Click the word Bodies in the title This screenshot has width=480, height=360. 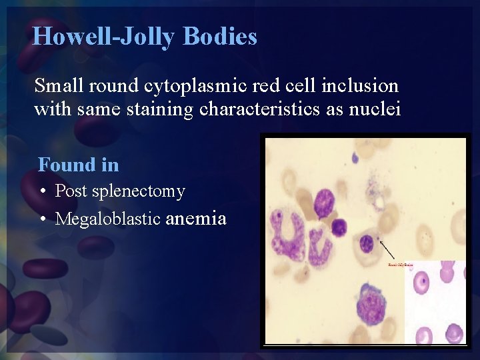pyautogui.click(x=220, y=36)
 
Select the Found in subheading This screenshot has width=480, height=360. pyautogui.click(x=79, y=164)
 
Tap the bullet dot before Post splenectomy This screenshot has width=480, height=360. pyautogui.click(x=42, y=192)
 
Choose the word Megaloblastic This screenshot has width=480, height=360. pyautogui.click(x=107, y=219)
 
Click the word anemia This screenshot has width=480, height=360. pyautogui.click(x=196, y=219)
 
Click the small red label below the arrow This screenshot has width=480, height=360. pyautogui.click(x=400, y=265)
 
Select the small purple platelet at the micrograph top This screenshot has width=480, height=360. pyautogui.click(x=355, y=159)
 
